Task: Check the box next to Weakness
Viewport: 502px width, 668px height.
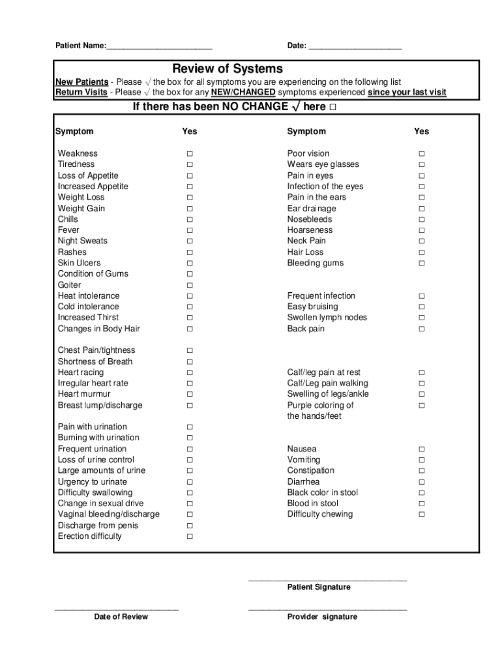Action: [190, 154]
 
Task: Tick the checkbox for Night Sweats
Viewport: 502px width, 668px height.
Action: [190, 241]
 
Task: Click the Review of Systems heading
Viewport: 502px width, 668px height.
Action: [228, 69]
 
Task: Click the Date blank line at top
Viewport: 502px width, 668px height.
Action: [355, 46]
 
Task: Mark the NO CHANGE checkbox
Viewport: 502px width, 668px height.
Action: [333, 107]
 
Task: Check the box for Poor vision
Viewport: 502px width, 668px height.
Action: [421, 154]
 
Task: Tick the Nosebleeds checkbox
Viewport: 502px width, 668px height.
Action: [421, 220]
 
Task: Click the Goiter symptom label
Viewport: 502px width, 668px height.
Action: [70, 285]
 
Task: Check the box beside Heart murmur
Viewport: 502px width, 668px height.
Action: [190, 395]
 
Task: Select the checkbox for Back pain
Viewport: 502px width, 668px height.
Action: [421, 329]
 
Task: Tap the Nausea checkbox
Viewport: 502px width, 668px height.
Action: [421, 449]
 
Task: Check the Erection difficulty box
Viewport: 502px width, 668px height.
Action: [190, 537]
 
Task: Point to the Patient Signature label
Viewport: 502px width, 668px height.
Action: [319, 587]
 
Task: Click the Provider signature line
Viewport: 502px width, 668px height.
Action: [327, 609]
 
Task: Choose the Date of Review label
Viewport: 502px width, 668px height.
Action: [121, 617]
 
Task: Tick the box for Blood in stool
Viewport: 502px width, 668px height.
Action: [421, 504]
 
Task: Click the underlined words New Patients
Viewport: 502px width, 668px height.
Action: [82, 82]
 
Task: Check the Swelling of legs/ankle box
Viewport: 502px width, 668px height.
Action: [421, 395]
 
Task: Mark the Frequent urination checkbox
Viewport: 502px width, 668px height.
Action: [190, 449]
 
